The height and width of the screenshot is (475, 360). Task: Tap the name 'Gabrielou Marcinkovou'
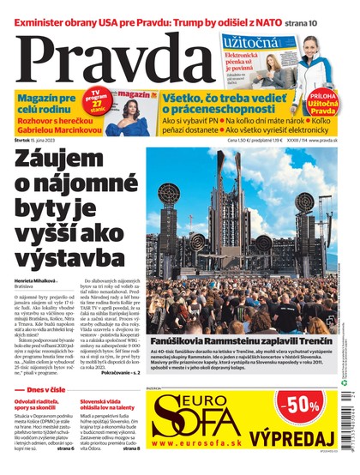coord(53,131)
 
